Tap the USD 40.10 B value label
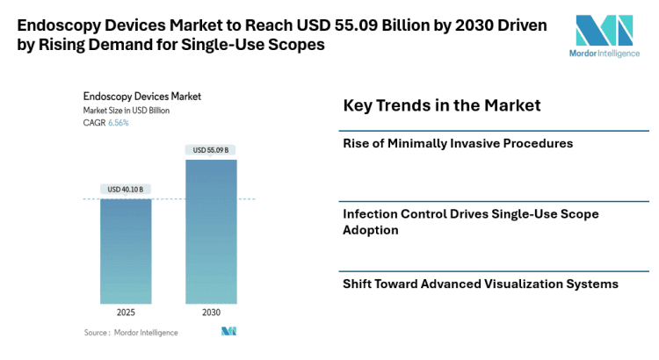click(x=126, y=189)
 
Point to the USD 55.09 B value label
click(x=211, y=150)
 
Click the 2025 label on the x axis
click(x=126, y=312)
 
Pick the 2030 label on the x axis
click(x=211, y=312)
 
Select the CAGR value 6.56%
click(x=119, y=123)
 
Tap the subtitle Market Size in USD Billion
click(x=127, y=111)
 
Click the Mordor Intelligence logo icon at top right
click(x=604, y=32)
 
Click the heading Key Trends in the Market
click(x=441, y=105)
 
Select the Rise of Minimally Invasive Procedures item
click(x=458, y=143)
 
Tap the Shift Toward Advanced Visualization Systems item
click(x=481, y=284)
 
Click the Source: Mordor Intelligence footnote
click(x=131, y=333)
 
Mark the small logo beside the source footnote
click(x=228, y=332)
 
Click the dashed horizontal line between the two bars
click(x=168, y=199)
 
